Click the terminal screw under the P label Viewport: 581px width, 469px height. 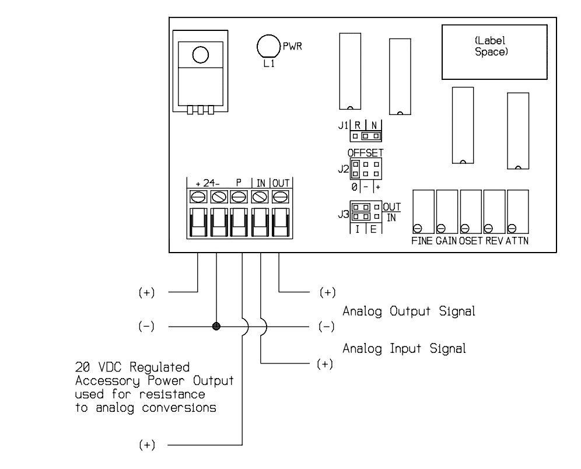pos(238,197)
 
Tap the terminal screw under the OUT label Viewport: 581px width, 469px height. pos(281,197)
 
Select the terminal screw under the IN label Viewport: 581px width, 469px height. pos(260,197)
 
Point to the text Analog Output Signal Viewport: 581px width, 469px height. pos(409,311)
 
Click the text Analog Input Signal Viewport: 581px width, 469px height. pos(404,349)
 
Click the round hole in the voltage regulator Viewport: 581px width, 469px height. pos(200,55)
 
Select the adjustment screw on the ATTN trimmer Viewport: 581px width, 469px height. pos(512,228)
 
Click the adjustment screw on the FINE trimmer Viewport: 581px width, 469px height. pos(418,228)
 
